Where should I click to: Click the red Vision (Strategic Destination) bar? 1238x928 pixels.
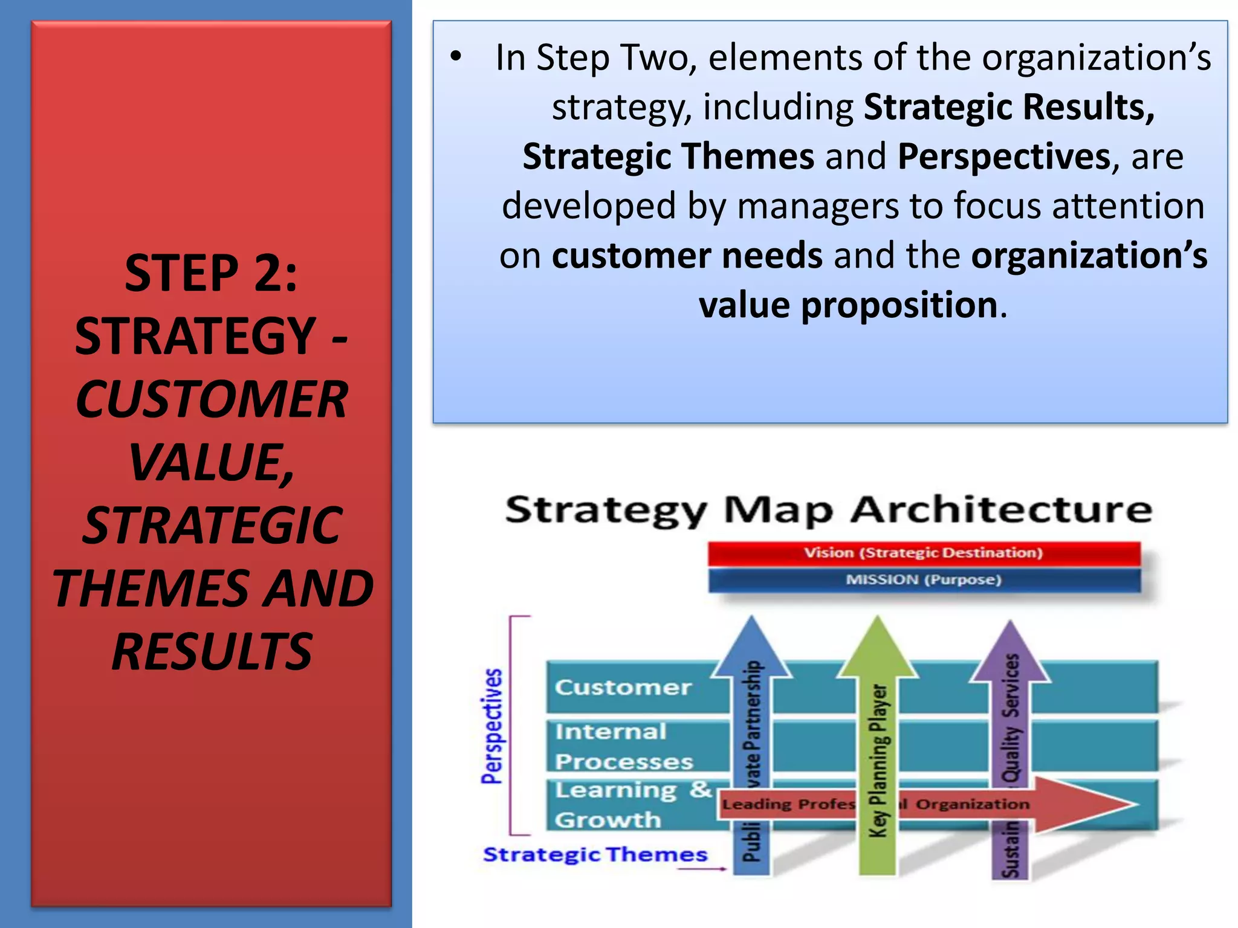point(924,553)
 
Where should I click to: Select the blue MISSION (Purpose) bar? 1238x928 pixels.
point(924,580)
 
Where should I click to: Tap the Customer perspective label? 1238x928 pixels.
point(623,687)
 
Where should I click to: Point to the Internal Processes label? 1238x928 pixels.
point(623,747)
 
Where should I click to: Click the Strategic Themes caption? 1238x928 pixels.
point(595,854)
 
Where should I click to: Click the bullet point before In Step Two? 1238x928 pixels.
point(456,57)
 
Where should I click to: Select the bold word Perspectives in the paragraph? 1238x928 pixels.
point(1003,156)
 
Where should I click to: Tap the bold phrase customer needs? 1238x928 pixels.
point(687,256)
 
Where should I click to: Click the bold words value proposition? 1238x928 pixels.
point(847,305)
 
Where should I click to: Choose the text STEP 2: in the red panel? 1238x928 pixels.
point(211,273)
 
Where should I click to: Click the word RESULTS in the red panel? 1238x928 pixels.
point(212,651)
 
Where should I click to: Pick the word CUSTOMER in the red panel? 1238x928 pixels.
point(212,399)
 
